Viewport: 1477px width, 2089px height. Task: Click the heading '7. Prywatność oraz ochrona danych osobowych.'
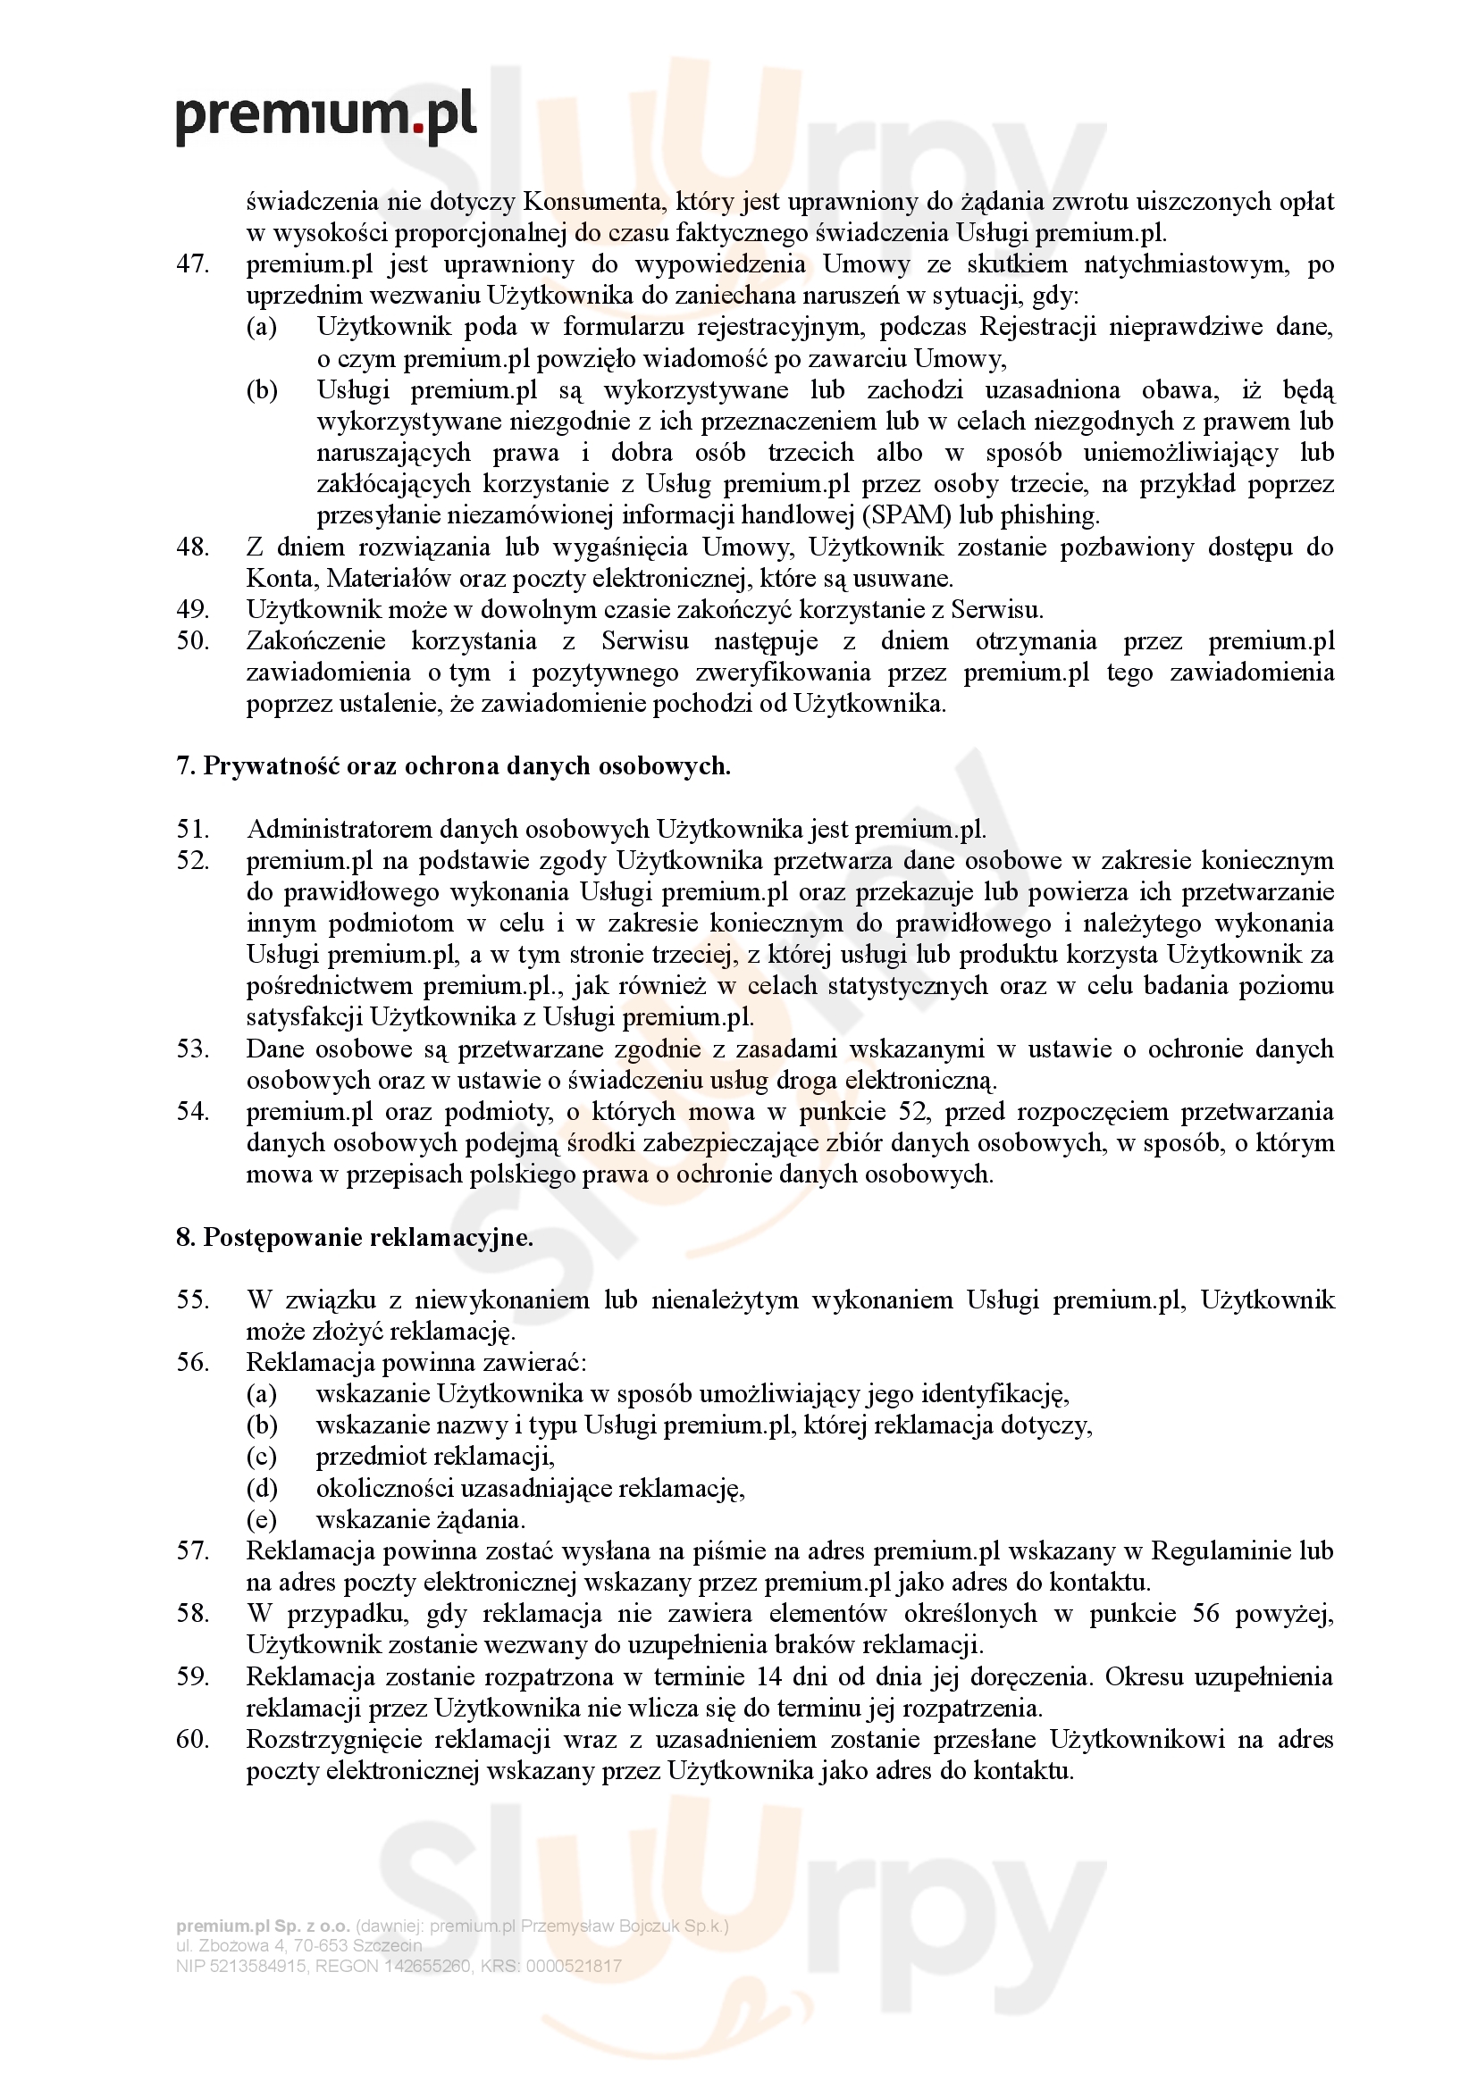point(453,766)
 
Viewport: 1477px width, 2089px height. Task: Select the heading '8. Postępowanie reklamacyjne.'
point(355,1237)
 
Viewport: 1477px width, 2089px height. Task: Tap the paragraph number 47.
point(192,264)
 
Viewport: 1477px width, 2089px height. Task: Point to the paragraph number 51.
point(192,829)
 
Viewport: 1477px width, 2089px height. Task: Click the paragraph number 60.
point(192,1741)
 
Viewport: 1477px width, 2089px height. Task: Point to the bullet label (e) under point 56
point(261,1519)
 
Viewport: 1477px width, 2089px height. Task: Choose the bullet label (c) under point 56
point(261,1457)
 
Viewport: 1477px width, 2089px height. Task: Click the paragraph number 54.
point(192,1112)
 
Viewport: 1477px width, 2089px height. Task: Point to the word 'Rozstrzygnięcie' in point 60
point(333,1741)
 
